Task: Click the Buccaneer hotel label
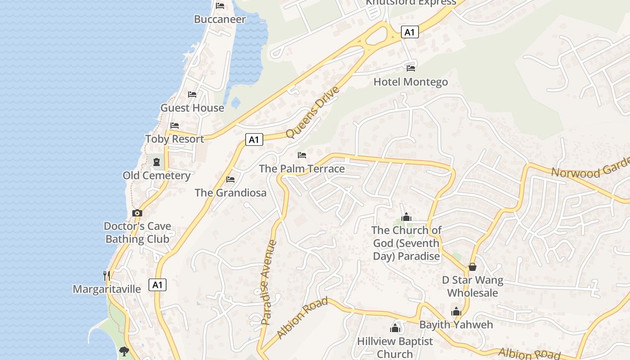(x=220, y=19)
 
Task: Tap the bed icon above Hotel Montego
(x=411, y=68)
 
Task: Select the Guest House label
(x=192, y=108)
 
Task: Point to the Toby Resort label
(x=175, y=139)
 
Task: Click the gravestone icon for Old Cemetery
(x=157, y=162)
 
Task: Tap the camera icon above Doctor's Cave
(x=137, y=213)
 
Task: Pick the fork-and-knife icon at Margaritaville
(x=107, y=275)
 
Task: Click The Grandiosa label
(x=230, y=193)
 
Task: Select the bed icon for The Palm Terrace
(x=302, y=155)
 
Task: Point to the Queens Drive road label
(x=312, y=112)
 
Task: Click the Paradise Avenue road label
(x=269, y=282)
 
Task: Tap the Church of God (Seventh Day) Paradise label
(x=406, y=243)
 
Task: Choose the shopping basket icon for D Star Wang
(x=472, y=267)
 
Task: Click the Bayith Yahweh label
(x=456, y=324)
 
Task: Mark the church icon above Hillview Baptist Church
(x=395, y=328)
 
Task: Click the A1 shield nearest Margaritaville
(x=157, y=285)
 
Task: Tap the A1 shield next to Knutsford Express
(x=409, y=32)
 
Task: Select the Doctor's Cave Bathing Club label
(x=137, y=232)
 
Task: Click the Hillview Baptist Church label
(x=395, y=347)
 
